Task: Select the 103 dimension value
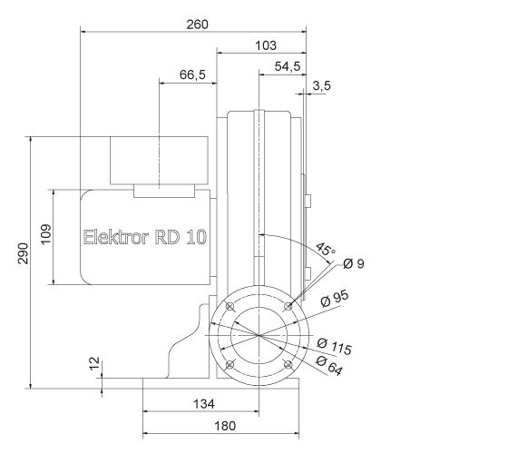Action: coord(265,45)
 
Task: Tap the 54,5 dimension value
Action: coord(287,67)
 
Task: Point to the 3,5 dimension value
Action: coord(321,86)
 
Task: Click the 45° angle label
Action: coord(324,249)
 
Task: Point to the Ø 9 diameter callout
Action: coord(354,263)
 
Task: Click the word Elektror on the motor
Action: coord(113,238)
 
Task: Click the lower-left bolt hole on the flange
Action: coord(230,366)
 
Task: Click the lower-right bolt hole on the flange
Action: coord(288,366)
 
